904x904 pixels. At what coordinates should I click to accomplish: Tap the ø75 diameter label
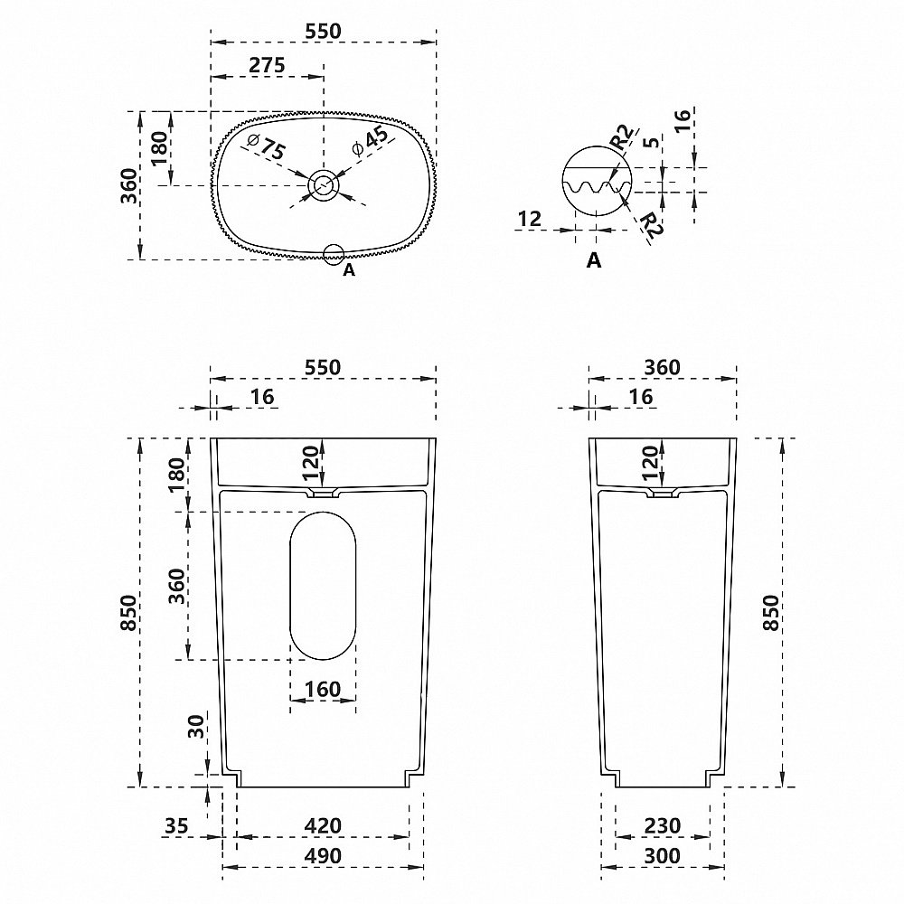[x=265, y=147]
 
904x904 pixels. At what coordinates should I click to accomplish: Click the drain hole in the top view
[x=323, y=186]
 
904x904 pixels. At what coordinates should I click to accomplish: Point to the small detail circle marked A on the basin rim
[x=334, y=254]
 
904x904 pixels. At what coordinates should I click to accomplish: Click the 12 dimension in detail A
[x=530, y=218]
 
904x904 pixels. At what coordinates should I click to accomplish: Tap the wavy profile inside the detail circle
[x=597, y=188]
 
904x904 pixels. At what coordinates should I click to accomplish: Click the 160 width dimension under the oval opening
[x=323, y=689]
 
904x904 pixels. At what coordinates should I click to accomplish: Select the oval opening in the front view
[x=323, y=586]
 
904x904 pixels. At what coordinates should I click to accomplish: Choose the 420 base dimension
[x=323, y=824]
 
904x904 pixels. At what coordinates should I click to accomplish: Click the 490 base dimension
[x=323, y=855]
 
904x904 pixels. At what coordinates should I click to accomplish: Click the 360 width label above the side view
[x=662, y=367]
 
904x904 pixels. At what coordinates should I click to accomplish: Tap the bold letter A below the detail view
[x=594, y=260]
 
